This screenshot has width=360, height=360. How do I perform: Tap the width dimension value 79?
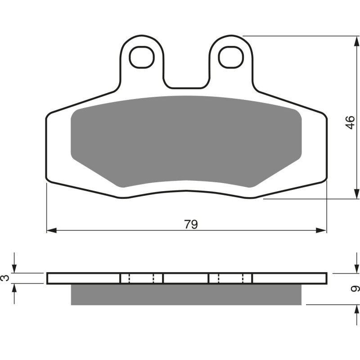click(x=191, y=224)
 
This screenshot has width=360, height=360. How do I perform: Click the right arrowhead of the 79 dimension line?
click(x=322, y=230)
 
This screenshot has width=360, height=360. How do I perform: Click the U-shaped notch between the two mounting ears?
click(x=185, y=79)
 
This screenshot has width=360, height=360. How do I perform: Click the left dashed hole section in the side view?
click(x=141, y=278)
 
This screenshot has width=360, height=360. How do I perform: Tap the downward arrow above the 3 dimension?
click(x=15, y=268)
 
